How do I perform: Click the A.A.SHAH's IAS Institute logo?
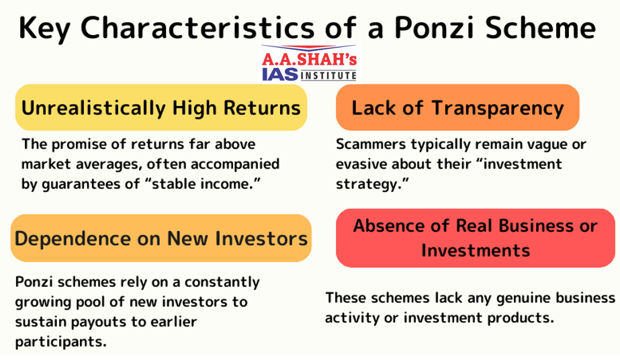click(x=310, y=63)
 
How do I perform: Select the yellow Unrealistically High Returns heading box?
click(x=161, y=107)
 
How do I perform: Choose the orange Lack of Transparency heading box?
click(x=457, y=107)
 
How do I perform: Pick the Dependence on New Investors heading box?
click(x=161, y=238)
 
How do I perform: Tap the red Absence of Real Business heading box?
click(x=476, y=238)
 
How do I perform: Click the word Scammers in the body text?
click(x=371, y=144)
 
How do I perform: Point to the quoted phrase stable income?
click(x=206, y=184)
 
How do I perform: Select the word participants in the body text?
click(x=61, y=342)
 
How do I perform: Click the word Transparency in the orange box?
click(x=498, y=108)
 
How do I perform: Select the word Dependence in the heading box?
click(x=73, y=239)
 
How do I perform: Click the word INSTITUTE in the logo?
click(x=329, y=75)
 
